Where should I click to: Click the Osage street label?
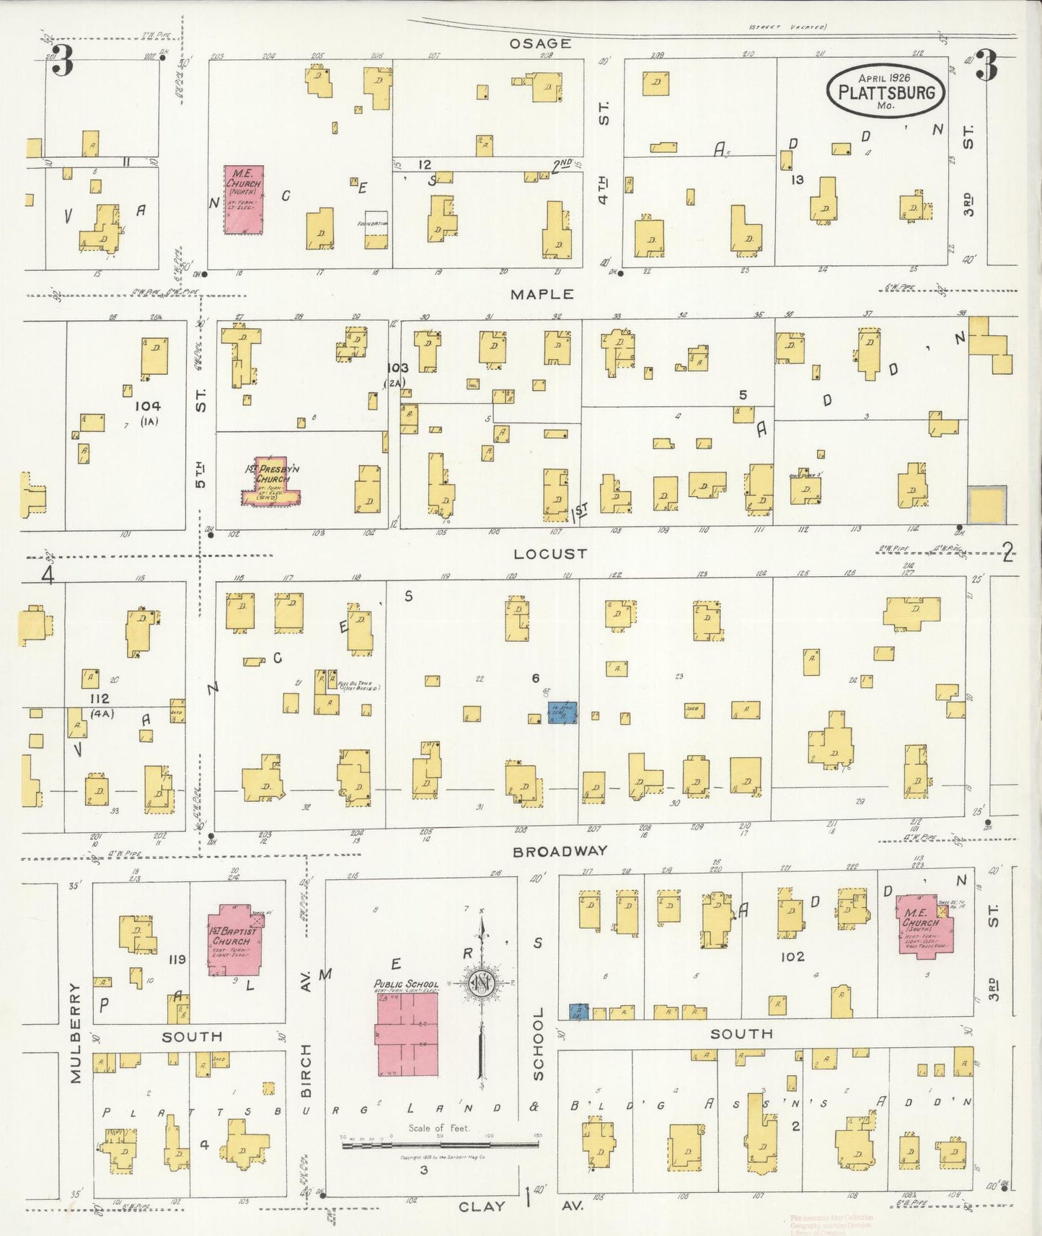point(540,43)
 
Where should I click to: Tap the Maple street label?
point(542,294)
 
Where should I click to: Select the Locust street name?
point(550,554)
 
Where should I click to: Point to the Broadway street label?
point(560,852)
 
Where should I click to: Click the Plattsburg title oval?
point(886,91)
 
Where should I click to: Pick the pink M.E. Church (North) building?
point(243,200)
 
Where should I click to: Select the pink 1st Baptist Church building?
point(234,940)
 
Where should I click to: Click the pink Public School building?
point(407,1036)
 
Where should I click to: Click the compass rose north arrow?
point(482,985)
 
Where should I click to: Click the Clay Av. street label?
point(482,1206)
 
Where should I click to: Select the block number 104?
point(147,406)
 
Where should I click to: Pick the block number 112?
point(99,698)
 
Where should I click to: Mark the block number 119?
point(177,959)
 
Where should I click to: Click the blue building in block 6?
point(562,712)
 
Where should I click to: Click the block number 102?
point(792,956)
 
